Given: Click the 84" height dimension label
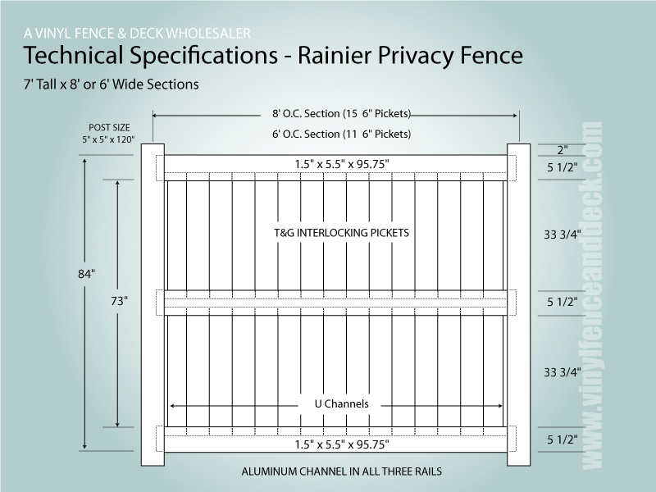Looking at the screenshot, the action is (86, 274).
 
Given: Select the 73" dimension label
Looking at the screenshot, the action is (119, 301).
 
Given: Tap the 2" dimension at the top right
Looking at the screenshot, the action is (563, 150).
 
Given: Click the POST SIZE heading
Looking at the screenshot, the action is (109, 127).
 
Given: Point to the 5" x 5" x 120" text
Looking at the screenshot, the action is (108, 139).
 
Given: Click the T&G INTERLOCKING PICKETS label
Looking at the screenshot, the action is (341, 233).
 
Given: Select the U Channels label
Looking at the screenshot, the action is (341, 403).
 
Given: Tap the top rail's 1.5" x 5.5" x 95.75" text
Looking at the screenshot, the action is (342, 164).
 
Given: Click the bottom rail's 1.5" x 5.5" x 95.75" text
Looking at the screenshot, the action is (342, 444).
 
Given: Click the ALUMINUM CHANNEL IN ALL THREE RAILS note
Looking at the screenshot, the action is (341, 471).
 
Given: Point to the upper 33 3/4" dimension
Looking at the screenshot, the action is (563, 235).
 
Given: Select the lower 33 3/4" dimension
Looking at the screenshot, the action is (563, 372).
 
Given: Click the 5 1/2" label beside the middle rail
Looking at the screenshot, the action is (563, 302).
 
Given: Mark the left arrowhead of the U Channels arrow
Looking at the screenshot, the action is (172, 405).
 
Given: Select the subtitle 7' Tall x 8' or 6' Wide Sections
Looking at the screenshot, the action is (112, 84).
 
